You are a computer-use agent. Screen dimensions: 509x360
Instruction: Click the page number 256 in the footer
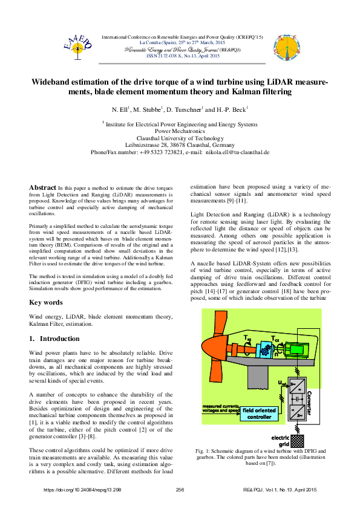[179, 489]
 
